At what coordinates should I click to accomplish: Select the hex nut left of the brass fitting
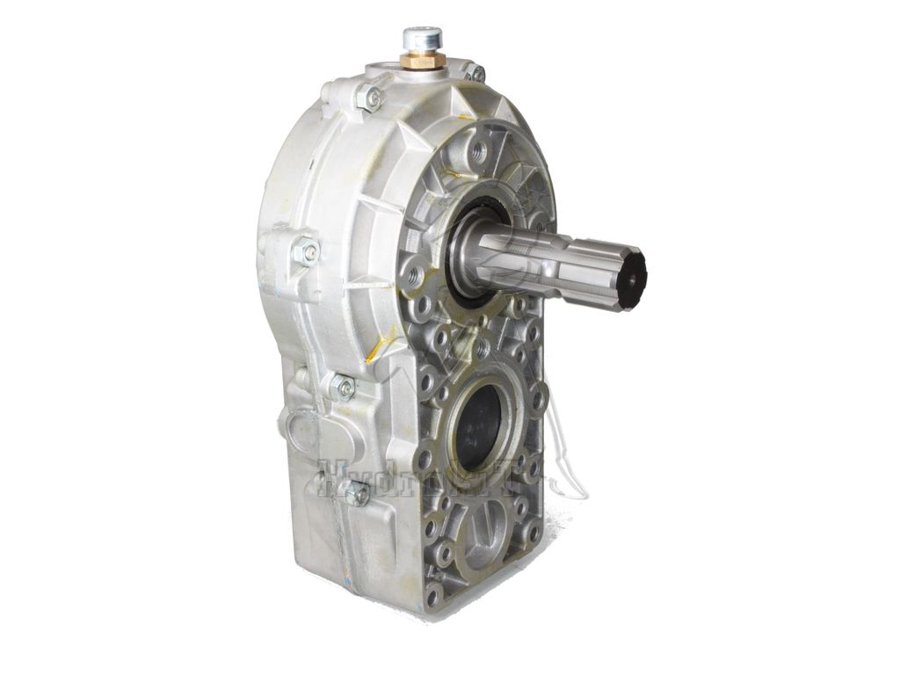click(x=371, y=97)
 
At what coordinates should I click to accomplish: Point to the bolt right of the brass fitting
click(x=475, y=73)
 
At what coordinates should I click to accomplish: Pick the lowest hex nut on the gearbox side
click(x=357, y=493)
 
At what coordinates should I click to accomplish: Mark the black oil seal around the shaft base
click(x=463, y=250)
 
